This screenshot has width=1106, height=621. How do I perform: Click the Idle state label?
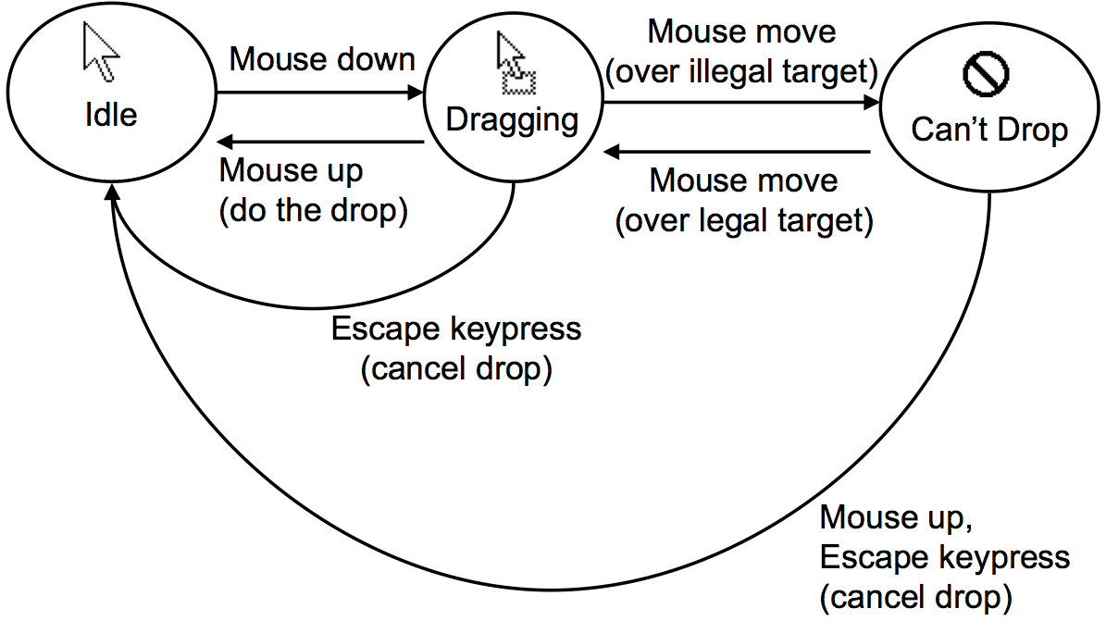[110, 115]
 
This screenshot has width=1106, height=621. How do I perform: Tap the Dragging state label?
[512, 119]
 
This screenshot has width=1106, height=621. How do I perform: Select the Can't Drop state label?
[989, 130]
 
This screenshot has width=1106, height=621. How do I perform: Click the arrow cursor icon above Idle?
[100, 52]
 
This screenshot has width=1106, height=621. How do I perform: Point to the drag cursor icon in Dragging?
[512, 63]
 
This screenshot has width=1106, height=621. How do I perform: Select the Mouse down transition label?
[321, 59]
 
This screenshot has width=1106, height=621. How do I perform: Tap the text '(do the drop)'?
[313, 210]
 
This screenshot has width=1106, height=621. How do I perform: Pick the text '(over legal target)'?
[744, 220]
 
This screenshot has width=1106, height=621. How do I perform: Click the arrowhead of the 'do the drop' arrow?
[224, 142]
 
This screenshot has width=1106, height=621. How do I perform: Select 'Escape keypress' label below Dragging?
[456, 329]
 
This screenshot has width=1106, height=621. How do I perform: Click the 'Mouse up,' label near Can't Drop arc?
[895, 517]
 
